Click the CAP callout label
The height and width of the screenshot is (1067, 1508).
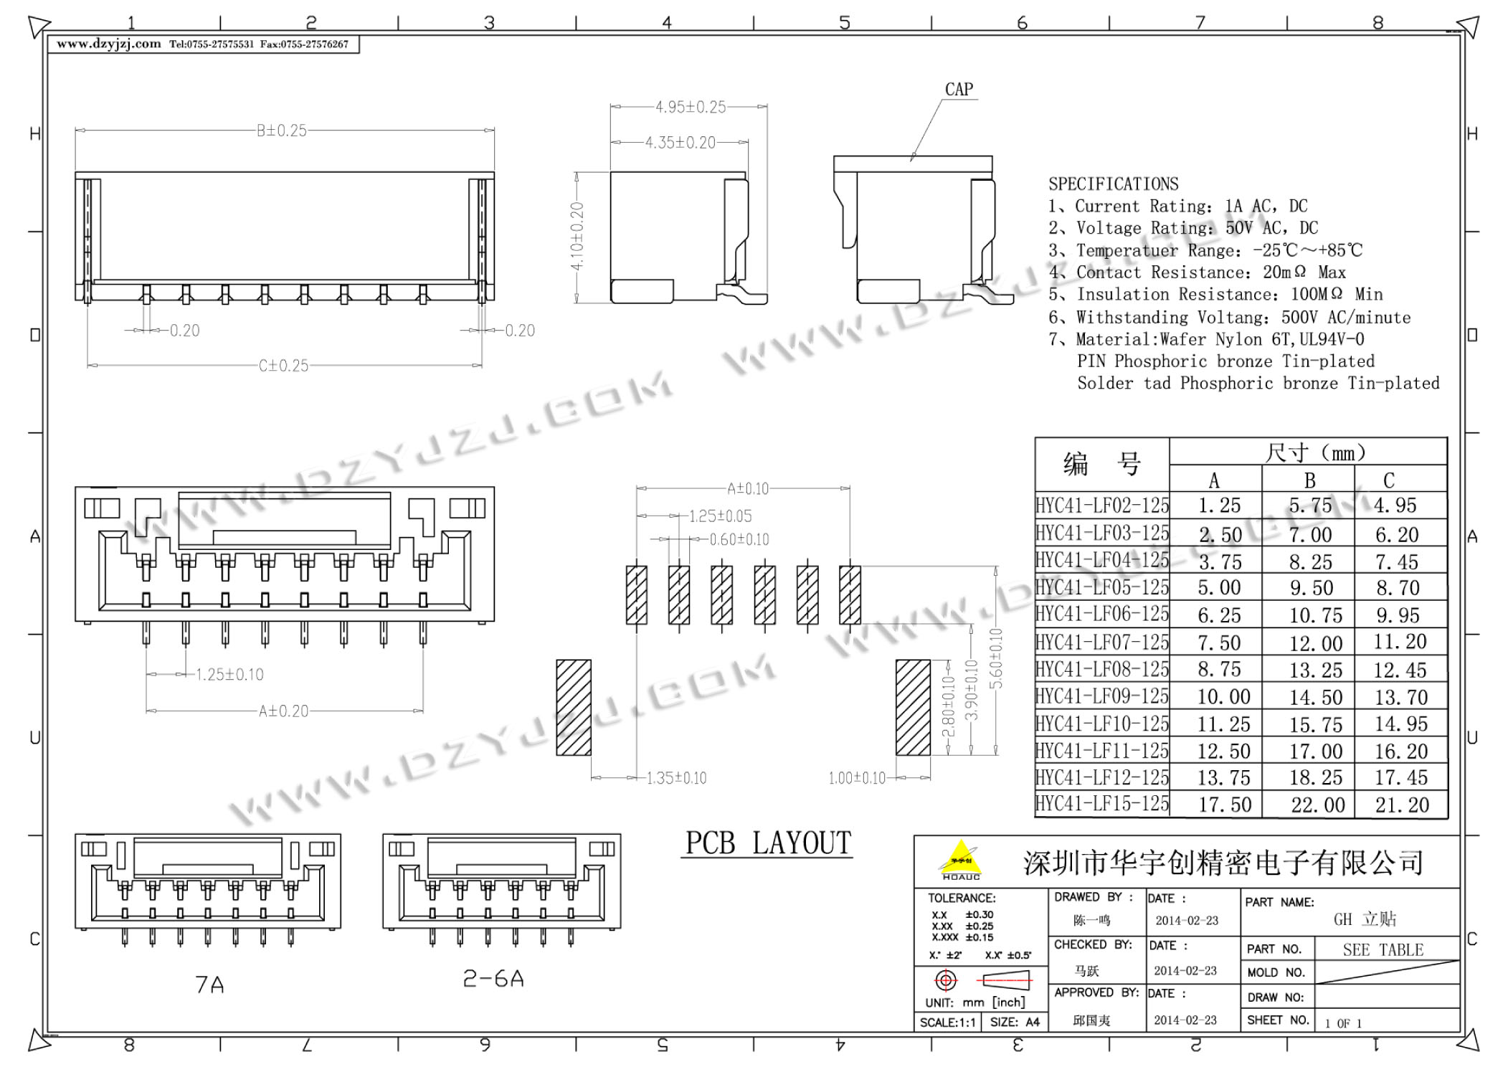click(959, 90)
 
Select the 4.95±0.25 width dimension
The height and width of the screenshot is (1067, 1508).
click(691, 107)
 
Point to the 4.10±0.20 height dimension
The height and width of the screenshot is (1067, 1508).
click(577, 237)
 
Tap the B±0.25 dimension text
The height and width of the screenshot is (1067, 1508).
click(282, 131)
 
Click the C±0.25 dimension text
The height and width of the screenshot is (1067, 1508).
click(284, 366)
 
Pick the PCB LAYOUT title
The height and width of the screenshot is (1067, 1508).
click(768, 843)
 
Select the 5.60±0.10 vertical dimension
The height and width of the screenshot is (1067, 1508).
click(996, 658)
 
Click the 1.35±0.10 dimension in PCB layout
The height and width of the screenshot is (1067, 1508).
click(676, 778)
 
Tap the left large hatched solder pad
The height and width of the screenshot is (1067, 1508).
click(574, 708)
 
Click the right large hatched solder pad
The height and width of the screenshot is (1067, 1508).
click(913, 708)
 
